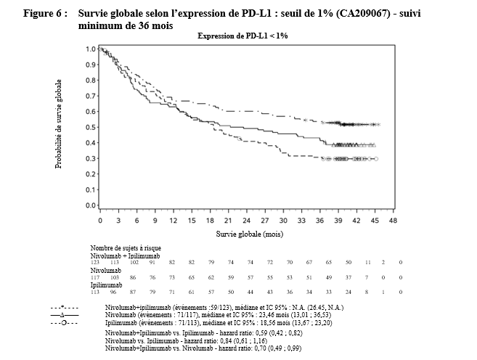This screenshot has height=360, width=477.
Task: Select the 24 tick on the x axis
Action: [246, 218]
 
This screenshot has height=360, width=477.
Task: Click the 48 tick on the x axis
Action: [394, 218]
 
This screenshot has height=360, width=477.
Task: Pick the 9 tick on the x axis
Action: [154, 218]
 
